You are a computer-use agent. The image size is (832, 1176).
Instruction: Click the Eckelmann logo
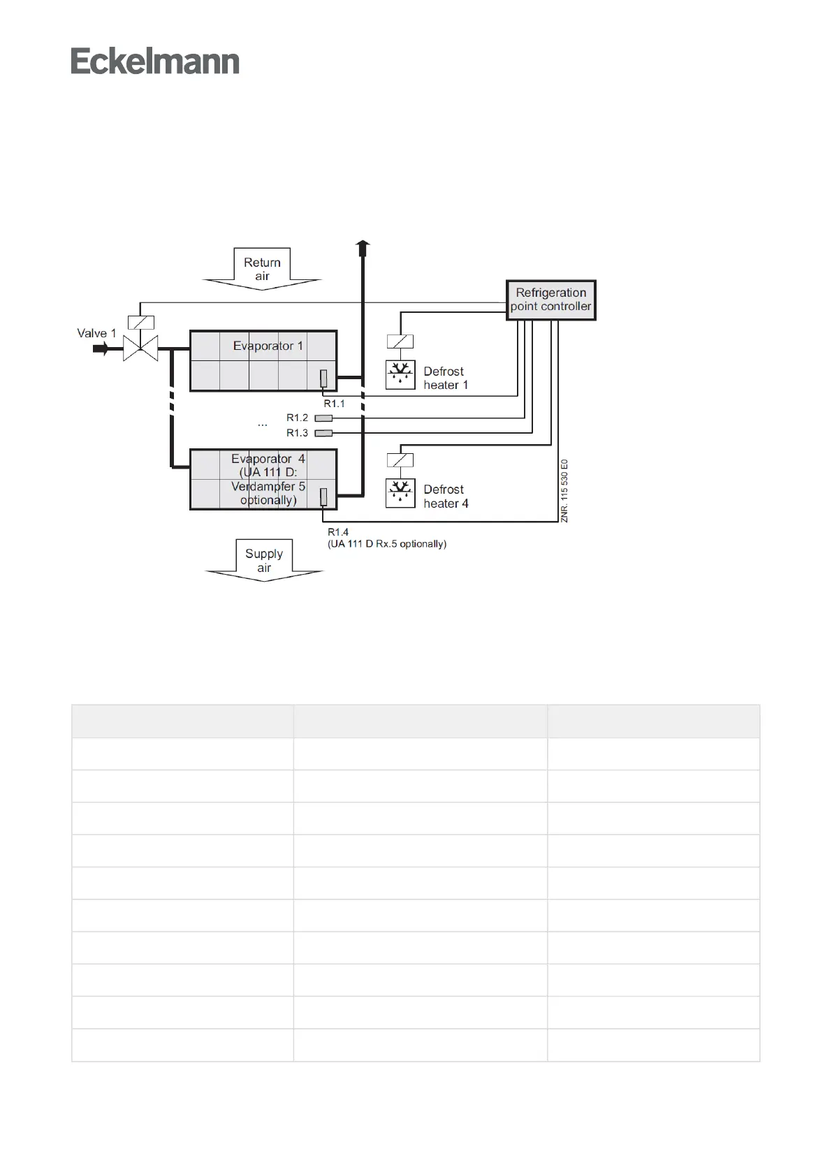(155, 61)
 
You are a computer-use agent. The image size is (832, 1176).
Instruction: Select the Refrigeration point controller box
(550, 300)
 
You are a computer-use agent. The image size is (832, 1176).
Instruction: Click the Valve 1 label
(96, 333)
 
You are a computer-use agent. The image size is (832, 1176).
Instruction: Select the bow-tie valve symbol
(140, 348)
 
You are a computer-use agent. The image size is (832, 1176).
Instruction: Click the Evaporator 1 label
(268, 346)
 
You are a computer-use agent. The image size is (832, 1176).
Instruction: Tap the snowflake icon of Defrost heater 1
(400, 375)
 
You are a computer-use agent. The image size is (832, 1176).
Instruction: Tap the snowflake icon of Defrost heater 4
(400, 493)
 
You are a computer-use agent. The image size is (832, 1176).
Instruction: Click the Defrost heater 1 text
(445, 378)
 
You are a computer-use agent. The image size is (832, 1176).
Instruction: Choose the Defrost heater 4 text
(445, 497)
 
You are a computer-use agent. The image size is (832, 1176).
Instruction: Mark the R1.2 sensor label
(297, 418)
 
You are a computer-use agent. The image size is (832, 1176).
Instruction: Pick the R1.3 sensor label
(297, 433)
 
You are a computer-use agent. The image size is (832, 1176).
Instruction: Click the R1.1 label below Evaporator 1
(334, 404)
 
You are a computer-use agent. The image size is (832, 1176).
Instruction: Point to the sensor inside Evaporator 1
(323, 378)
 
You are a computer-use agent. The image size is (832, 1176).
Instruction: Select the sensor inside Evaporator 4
(323, 496)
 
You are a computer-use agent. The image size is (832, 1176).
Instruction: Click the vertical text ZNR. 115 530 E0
(564, 490)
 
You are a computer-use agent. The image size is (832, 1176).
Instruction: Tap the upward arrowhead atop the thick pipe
(363, 247)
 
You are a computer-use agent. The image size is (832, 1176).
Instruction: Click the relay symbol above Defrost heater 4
(400, 460)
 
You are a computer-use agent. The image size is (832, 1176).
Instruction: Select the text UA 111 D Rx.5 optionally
(387, 543)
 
